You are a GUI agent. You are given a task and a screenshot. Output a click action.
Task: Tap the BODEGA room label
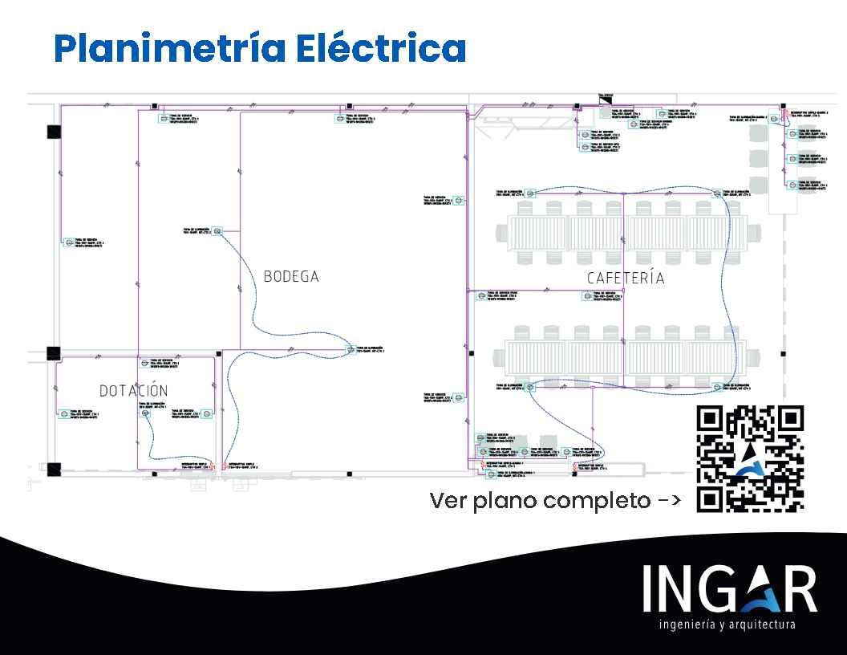(291, 277)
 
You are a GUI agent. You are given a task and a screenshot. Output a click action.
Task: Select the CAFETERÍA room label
(626, 279)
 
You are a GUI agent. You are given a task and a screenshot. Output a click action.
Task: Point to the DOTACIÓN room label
(134, 391)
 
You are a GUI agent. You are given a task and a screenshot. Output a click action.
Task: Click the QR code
(750, 458)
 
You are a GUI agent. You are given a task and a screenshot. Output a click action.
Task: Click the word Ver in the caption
(447, 501)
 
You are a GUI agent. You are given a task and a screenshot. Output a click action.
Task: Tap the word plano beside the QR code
(506, 501)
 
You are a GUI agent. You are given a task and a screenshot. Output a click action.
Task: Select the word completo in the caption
(597, 501)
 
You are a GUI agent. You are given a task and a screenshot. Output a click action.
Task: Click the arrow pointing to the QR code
(670, 501)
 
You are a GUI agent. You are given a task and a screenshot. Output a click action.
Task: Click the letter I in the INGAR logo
(649, 589)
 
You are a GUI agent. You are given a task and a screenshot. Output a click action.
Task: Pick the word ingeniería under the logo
(687, 624)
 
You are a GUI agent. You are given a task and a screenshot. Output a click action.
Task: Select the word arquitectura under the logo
(763, 624)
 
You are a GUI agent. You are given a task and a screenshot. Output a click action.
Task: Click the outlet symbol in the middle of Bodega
(351, 349)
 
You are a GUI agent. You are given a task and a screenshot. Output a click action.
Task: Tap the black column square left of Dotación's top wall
(54, 352)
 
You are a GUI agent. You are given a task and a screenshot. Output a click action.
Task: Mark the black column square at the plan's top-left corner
(54, 132)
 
